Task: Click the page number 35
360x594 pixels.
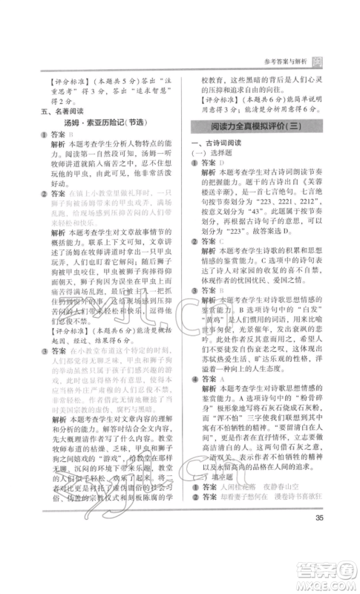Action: pyautogui.click(x=319, y=538)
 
